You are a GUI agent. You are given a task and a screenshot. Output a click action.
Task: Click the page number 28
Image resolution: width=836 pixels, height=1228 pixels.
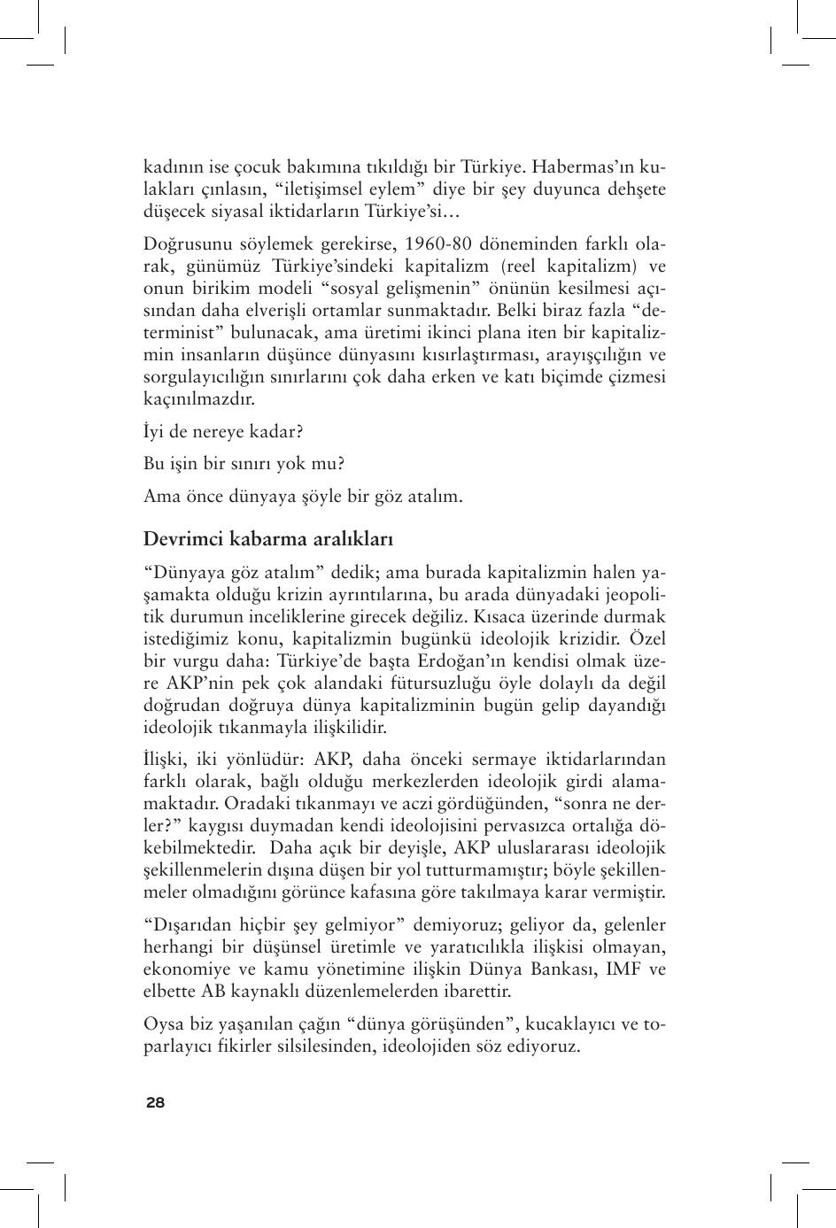pyautogui.click(x=155, y=1102)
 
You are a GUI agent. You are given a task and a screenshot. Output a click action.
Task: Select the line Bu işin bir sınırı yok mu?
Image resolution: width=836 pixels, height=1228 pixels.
pyautogui.click(x=244, y=463)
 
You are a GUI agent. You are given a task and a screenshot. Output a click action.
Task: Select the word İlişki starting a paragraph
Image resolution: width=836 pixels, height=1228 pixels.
pyautogui.click(x=166, y=760)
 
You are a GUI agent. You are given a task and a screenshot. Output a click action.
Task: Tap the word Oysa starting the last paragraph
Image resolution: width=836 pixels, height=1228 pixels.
pyautogui.click(x=162, y=1024)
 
